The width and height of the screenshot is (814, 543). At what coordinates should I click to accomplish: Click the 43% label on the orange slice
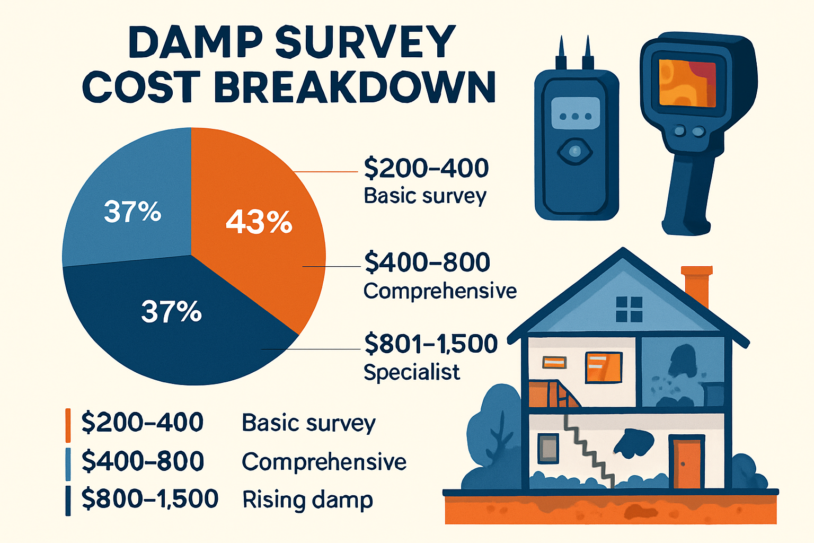(259, 222)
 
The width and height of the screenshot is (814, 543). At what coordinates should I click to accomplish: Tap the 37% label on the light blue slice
(132, 212)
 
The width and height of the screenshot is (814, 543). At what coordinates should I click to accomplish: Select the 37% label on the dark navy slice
(171, 312)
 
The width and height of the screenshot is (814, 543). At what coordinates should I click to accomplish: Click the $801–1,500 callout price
(431, 344)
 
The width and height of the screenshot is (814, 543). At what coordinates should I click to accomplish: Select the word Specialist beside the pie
(411, 372)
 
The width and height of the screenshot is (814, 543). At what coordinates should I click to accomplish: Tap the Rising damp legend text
(307, 500)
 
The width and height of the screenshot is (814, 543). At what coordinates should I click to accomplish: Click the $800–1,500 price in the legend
(150, 499)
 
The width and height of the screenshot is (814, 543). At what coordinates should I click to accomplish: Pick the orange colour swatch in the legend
(68, 425)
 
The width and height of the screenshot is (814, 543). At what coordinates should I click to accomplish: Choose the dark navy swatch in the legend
(68, 501)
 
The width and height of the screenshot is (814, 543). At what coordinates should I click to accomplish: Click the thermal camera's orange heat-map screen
(687, 83)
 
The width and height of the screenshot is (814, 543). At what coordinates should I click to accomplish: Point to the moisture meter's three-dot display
(576, 116)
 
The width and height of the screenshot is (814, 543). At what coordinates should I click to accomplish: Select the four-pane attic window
(629, 309)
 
